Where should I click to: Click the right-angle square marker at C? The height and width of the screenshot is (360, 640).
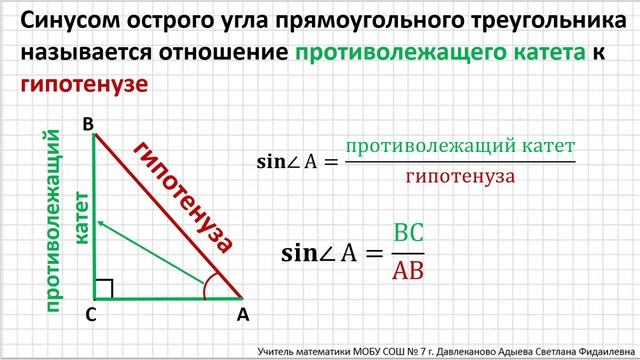click(104, 289)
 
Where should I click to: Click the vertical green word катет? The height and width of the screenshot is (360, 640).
click(82, 214)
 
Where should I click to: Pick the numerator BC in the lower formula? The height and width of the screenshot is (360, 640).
click(408, 233)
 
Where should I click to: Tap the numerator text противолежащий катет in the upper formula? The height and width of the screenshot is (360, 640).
click(460, 146)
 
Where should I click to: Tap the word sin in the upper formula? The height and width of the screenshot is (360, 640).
click(272, 161)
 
